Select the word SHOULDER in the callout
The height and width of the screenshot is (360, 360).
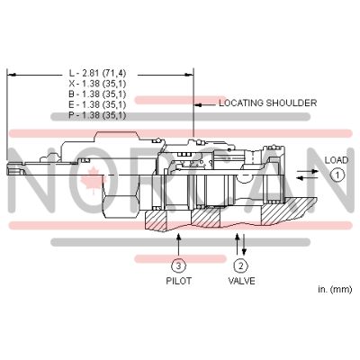click(291, 103)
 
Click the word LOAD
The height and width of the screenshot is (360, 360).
click(336, 160)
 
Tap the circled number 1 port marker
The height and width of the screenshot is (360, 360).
click(336, 175)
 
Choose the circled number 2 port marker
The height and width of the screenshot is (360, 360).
click(240, 265)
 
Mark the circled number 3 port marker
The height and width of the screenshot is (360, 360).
click(179, 265)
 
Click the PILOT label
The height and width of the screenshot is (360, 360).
click(179, 281)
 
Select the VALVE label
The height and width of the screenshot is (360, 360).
click(240, 281)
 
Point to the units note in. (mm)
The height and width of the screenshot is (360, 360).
click(334, 289)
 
